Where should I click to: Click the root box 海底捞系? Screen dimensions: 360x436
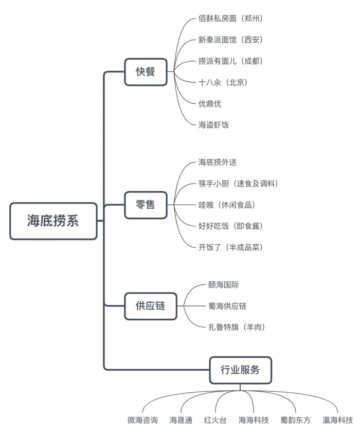53,221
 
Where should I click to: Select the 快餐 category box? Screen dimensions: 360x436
146,72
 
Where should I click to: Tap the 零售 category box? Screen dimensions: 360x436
146,205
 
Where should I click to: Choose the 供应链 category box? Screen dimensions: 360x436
151,306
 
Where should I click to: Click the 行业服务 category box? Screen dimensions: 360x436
240,370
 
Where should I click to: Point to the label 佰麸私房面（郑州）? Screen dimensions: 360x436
230,19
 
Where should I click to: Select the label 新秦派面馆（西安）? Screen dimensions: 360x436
230,40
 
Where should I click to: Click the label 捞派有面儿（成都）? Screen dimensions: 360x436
230,61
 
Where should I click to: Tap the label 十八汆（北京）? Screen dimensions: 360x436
223,82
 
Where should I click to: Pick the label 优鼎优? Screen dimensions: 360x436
210,104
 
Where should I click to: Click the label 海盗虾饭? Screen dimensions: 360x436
213,125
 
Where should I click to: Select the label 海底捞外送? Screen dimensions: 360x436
218,162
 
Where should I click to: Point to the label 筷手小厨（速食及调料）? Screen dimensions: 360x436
238,184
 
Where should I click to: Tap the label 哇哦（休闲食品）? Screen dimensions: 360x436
227,205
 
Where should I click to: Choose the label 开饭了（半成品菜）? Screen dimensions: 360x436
230,247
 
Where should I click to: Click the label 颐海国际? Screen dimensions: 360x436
224,285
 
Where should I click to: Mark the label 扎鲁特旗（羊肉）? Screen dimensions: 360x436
237,327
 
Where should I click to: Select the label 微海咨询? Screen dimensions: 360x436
143,420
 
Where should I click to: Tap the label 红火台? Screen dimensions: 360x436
215,420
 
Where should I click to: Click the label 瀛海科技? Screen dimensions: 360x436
338,420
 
